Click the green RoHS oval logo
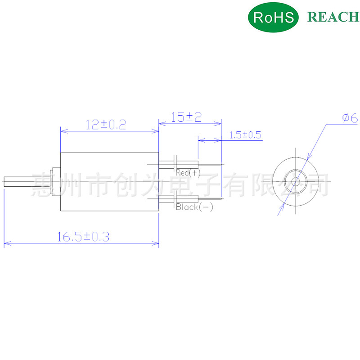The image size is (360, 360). click(x=273, y=17)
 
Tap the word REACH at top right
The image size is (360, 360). click(x=333, y=17)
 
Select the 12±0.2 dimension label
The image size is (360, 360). click(x=106, y=125)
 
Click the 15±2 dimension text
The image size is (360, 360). click(x=186, y=117)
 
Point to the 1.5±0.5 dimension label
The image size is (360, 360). click(x=245, y=135)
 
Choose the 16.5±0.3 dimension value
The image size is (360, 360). click(x=83, y=237)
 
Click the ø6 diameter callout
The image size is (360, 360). click(x=350, y=118)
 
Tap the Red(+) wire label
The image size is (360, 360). click(x=188, y=173)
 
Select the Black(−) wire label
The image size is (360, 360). click(x=194, y=207)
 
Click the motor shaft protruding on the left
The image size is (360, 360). click(x=28, y=182)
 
